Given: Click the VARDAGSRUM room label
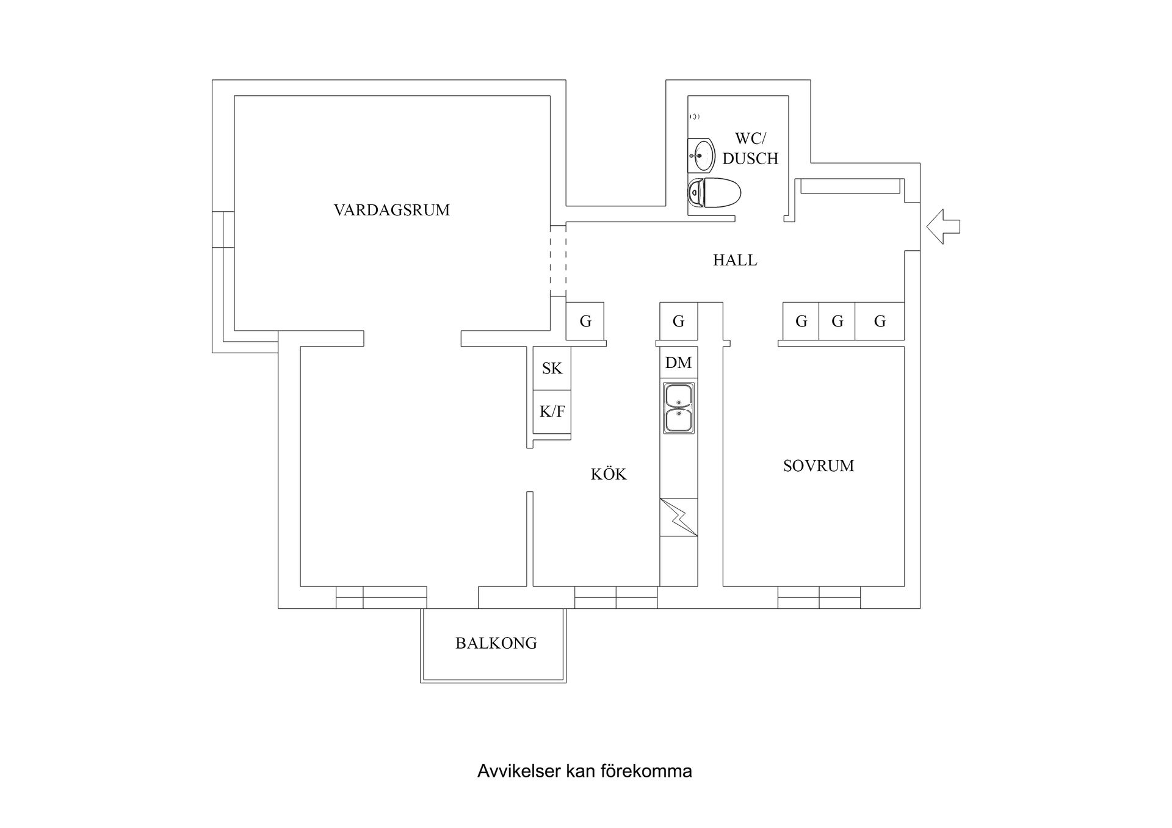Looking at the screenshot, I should coord(391,210).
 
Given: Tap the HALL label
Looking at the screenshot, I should coord(735,260).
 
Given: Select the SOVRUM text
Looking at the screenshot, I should coord(818,466).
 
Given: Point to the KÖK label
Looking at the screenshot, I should coord(608,474).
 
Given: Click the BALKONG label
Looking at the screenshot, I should coord(496,643).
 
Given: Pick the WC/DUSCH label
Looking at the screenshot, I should coord(750,148).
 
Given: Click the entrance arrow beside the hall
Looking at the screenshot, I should coord(942,226).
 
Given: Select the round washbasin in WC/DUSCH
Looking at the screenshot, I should coord(703,156).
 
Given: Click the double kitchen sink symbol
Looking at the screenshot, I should coord(678,408).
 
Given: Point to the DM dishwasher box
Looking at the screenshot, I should coord(678,362).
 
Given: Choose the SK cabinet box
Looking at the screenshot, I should coord(552,368).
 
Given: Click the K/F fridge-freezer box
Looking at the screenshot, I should coord(552,412).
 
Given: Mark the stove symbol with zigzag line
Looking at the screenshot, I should coord(678,517).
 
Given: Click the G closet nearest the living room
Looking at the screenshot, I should coord(585,321).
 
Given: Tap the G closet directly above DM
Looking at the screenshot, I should coord(678,321).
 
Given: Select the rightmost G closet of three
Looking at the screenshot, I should coord(879,321).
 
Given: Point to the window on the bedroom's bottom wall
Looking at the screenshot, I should coord(819,597).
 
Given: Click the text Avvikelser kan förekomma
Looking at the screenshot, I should coord(584,771).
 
